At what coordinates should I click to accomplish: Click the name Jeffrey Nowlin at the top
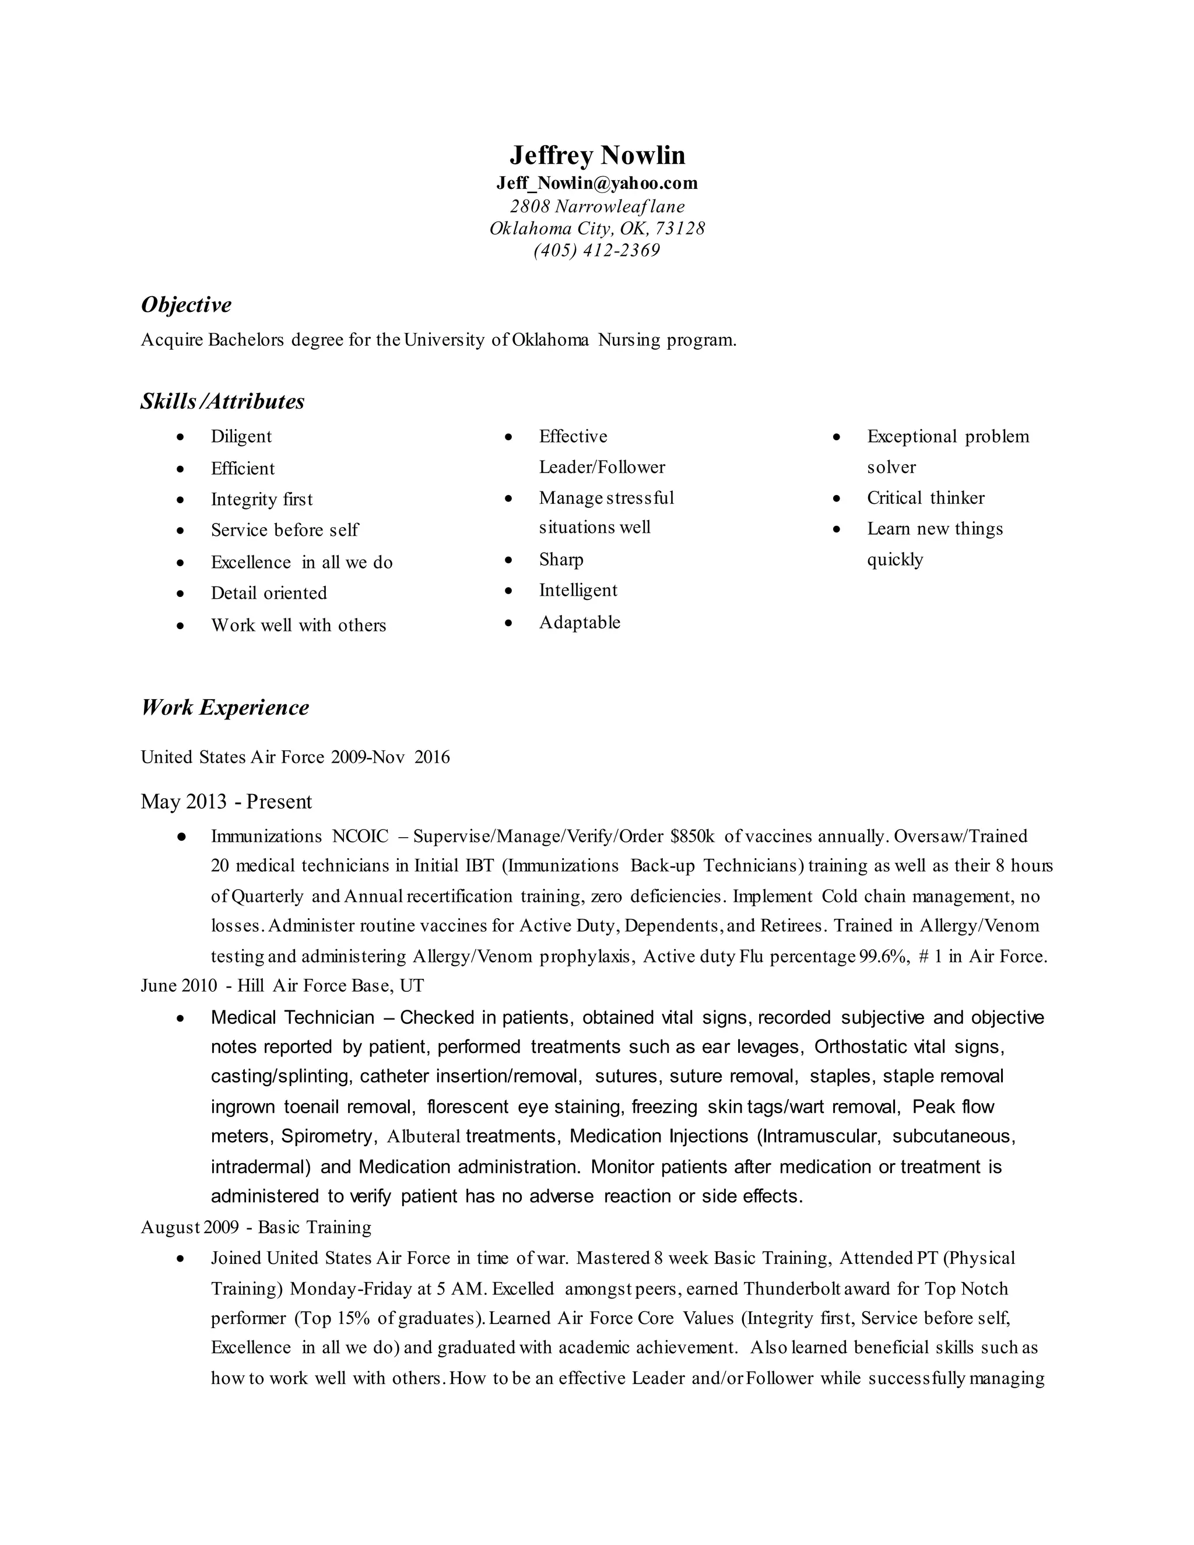point(597,156)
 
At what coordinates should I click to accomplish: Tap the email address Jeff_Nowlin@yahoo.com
point(597,184)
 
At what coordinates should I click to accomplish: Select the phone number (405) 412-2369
point(597,251)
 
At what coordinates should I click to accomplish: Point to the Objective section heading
point(186,305)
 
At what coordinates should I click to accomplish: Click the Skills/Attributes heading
point(222,402)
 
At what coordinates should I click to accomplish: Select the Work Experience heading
point(225,707)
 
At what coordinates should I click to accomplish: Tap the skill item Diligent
point(241,437)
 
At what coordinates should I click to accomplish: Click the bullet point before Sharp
point(508,560)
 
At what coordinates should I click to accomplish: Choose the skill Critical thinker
point(925,498)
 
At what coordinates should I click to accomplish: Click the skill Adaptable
point(580,623)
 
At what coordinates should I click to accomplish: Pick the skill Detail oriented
point(269,593)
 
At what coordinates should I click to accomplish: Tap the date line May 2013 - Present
point(226,802)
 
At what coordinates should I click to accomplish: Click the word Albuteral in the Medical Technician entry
point(424,1137)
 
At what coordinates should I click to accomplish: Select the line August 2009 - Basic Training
point(256,1227)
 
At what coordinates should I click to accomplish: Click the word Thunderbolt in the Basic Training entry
point(792,1289)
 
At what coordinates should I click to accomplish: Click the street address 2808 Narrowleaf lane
point(597,206)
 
